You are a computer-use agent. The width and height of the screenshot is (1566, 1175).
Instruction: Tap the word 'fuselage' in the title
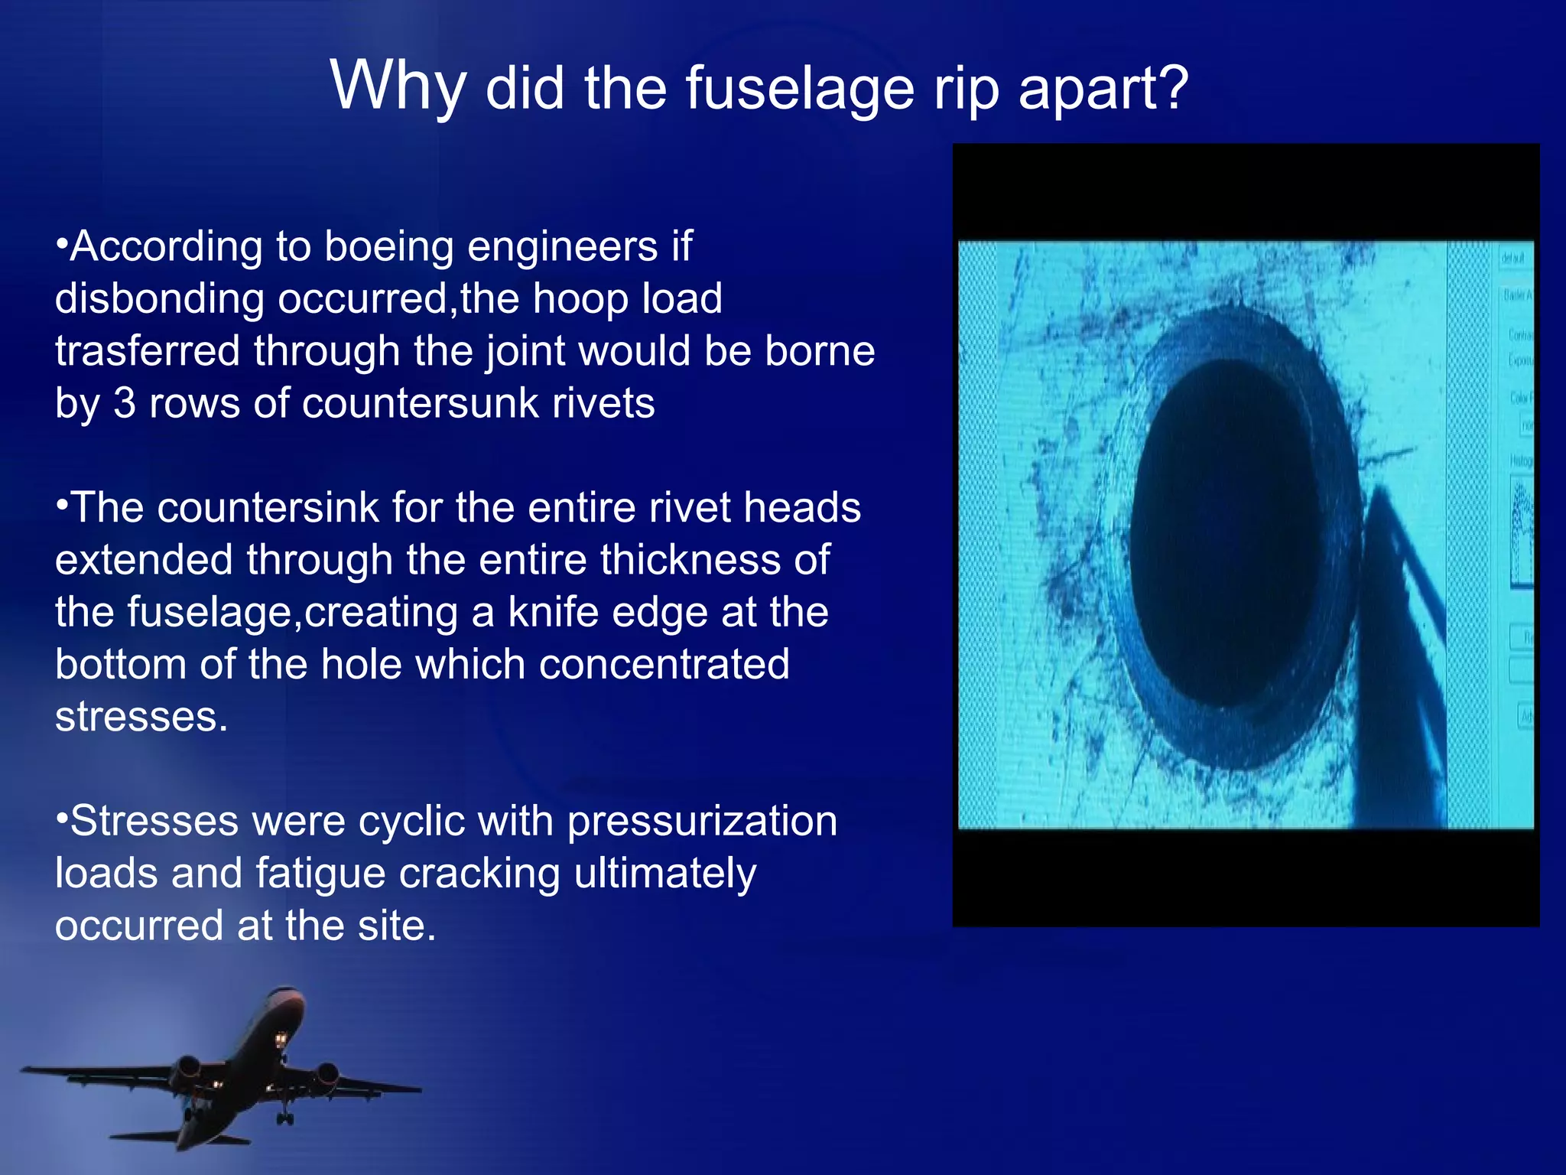798,89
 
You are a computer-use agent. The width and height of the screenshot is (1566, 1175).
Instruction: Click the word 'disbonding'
159,299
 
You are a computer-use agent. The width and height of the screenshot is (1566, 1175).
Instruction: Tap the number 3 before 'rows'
124,403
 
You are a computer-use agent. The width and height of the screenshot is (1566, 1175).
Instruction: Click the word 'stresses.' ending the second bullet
141,717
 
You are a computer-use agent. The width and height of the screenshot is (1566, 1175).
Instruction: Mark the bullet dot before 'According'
62,246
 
